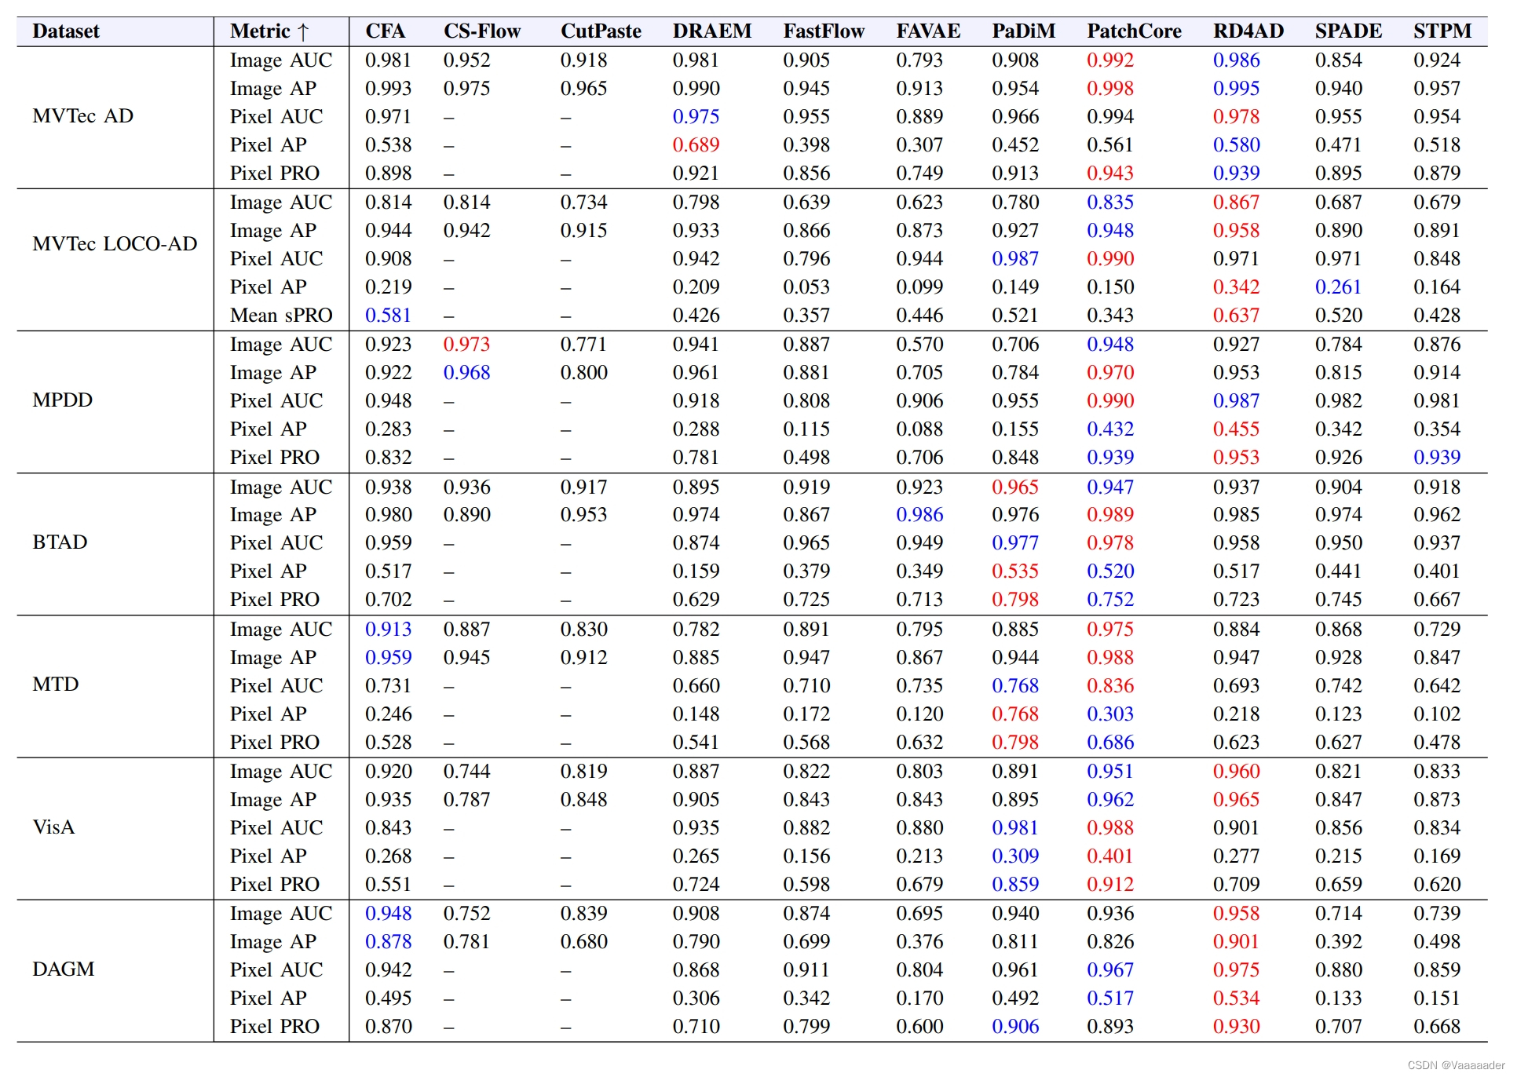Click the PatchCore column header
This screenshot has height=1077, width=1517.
pos(1133,31)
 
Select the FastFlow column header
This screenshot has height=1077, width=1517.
pos(823,31)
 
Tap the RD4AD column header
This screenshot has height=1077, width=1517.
pos(1248,31)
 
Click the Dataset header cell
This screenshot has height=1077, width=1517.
pos(66,31)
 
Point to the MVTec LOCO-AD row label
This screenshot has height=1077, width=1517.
pos(115,244)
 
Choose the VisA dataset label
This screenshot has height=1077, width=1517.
pos(53,827)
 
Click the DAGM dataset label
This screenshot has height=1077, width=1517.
pos(63,969)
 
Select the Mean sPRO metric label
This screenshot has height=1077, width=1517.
pos(280,316)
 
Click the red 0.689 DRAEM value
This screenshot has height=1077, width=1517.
pos(696,145)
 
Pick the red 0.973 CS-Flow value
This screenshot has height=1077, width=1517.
pos(466,345)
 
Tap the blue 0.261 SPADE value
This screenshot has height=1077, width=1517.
pos(1338,287)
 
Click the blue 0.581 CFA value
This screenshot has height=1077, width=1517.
pos(388,316)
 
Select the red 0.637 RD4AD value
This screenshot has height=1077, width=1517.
pos(1236,316)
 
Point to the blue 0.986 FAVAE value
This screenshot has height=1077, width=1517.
pos(919,515)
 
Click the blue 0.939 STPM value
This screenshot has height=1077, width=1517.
pos(1437,458)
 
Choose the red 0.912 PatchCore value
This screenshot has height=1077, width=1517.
pos(1110,885)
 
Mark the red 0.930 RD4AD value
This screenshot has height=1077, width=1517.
pos(1236,1027)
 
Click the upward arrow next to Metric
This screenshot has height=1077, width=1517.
pos(304,32)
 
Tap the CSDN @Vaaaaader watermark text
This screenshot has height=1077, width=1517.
pos(1456,1065)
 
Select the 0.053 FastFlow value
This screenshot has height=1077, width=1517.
pos(806,287)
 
